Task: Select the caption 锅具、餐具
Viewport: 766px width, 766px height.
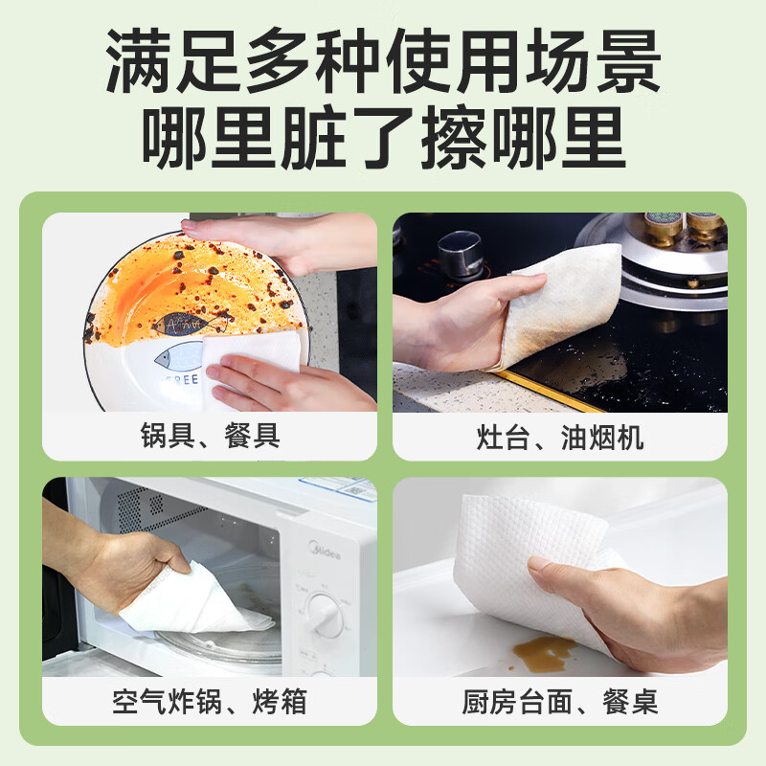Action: click(210, 437)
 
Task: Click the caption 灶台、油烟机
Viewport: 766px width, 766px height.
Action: click(560, 437)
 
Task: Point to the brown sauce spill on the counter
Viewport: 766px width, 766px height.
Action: click(545, 653)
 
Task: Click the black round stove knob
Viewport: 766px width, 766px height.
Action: click(460, 256)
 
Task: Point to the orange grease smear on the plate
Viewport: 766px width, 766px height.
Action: click(153, 287)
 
